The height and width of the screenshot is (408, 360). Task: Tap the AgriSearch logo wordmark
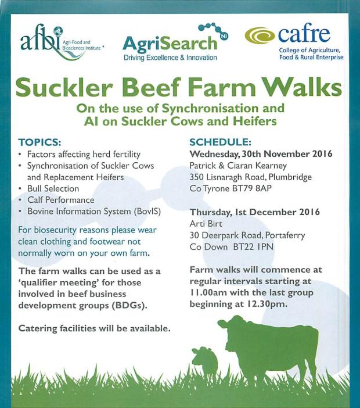click(170, 43)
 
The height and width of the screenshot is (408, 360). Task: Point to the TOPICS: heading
click(39, 142)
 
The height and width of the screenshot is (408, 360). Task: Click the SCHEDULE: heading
click(221, 142)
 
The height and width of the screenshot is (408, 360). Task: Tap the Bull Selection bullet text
click(53, 188)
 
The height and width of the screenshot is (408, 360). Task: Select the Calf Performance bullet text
click(61, 200)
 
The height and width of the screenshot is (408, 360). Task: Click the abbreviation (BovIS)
click(147, 212)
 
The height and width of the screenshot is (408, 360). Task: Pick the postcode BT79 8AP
click(251, 188)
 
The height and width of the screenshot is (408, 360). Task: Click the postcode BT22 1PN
click(253, 246)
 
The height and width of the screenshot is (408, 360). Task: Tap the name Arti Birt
click(206, 224)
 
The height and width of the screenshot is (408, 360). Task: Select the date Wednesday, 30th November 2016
click(261, 154)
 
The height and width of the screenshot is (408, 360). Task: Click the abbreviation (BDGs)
click(129, 305)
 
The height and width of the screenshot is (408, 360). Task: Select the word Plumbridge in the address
click(290, 177)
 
